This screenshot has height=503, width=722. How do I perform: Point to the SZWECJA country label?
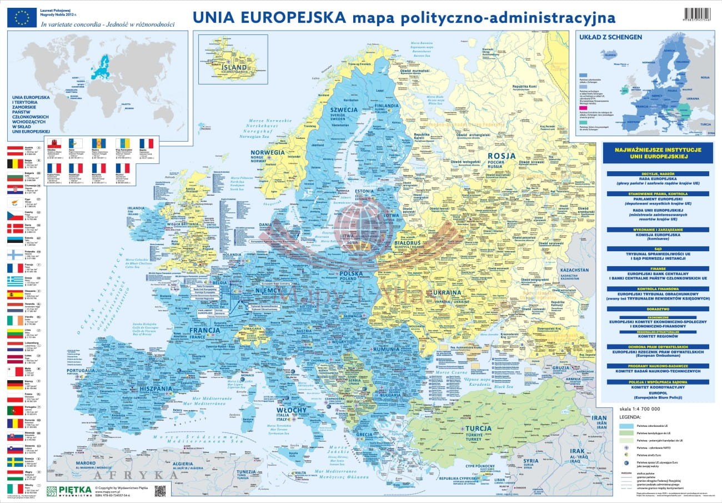click(x=343, y=109)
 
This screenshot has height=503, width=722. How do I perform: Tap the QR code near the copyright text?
click(x=160, y=491)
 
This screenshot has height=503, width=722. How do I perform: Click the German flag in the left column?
click(x=15, y=384)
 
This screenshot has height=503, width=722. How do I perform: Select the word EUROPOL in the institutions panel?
click(x=659, y=393)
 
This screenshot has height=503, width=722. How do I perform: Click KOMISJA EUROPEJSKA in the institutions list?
click(x=659, y=235)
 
